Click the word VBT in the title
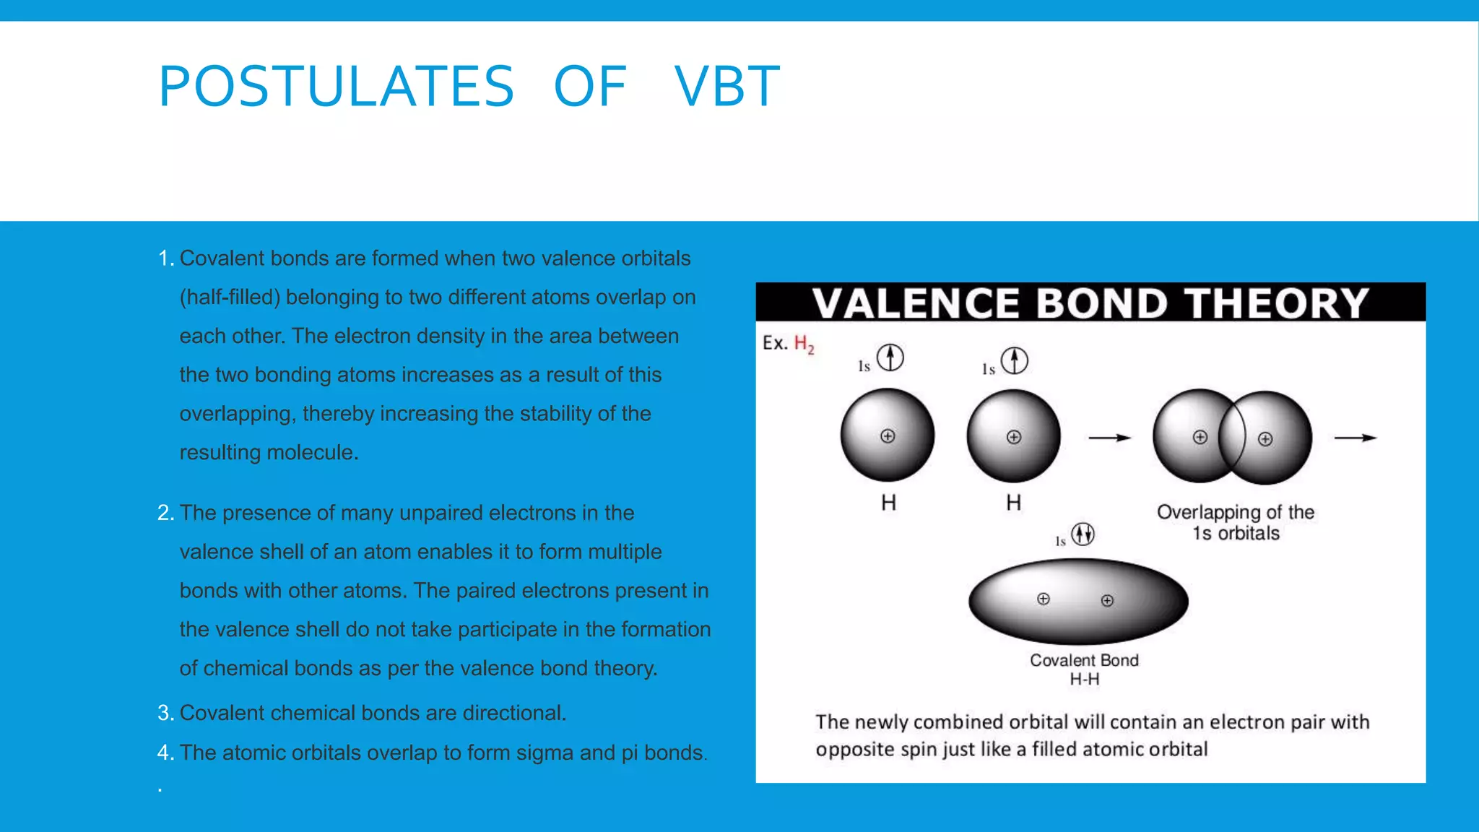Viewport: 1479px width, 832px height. [727, 87]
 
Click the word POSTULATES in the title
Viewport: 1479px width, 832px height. [336, 87]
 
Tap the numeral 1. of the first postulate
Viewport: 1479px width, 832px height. [165, 259]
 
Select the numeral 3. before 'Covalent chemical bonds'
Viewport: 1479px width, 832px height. [165, 713]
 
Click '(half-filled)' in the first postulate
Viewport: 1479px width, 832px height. [230, 298]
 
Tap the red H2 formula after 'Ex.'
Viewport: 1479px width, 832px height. [804, 344]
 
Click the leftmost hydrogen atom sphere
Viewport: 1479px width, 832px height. [888, 435]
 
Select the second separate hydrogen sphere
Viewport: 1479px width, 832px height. [1013, 436]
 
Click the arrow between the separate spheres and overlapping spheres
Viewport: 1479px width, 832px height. [1109, 438]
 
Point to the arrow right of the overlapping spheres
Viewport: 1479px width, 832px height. [1355, 438]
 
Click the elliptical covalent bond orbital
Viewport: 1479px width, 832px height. [1077, 601]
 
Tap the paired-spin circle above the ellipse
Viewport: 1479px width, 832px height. [1083, 534]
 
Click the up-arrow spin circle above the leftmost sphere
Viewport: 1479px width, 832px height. [890, 357]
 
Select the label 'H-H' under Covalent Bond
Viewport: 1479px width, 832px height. [1084, 680]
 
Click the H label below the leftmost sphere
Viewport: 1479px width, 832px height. [888, 503]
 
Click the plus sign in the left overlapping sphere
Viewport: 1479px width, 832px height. [1200, 437]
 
